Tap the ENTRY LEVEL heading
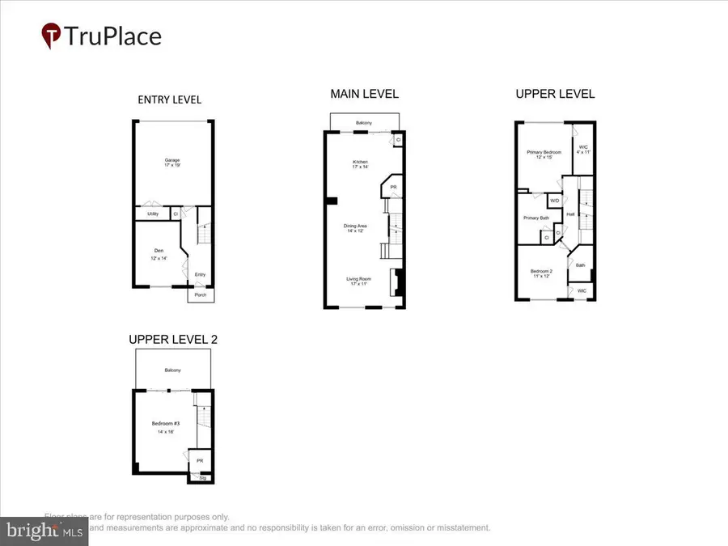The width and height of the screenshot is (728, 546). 170,99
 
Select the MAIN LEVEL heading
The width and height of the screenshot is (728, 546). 364,94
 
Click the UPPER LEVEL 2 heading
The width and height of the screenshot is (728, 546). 173,340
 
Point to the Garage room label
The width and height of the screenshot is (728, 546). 170,160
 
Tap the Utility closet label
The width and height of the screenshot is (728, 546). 153,214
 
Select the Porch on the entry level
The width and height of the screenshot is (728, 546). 201,295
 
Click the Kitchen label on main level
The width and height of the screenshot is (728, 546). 360,163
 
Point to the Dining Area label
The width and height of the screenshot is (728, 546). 357,226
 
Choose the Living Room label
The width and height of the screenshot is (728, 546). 357,280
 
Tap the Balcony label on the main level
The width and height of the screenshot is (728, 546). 364,123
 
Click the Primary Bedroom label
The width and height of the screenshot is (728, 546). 544,152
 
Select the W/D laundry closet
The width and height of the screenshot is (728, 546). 555,201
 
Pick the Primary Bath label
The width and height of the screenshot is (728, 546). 536,218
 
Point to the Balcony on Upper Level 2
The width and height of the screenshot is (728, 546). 173,370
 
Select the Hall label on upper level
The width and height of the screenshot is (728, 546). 569,214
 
